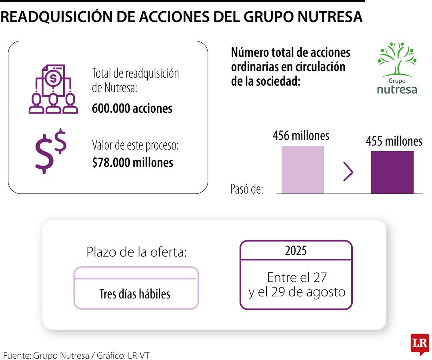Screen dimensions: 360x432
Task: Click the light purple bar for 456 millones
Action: (302, 170)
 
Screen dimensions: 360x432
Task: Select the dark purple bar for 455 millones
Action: (392, 172)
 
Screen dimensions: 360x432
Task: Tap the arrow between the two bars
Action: (348, 172)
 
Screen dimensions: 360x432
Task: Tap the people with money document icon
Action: (53, 89)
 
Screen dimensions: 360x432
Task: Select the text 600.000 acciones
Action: (132, 108)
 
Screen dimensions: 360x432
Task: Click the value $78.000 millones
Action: (132, 162)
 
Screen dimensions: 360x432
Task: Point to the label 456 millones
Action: (301, 136)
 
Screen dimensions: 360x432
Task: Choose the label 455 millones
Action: (394, 141)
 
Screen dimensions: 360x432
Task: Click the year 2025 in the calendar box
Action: (296, 251)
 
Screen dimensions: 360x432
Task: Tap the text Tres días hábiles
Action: (135, 294)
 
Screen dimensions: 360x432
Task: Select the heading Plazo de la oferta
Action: (136, 252)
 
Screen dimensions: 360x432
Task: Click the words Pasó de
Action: (246, 189)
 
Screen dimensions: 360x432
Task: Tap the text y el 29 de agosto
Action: (296, 292)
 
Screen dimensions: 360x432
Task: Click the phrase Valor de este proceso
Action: (135, 145)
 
